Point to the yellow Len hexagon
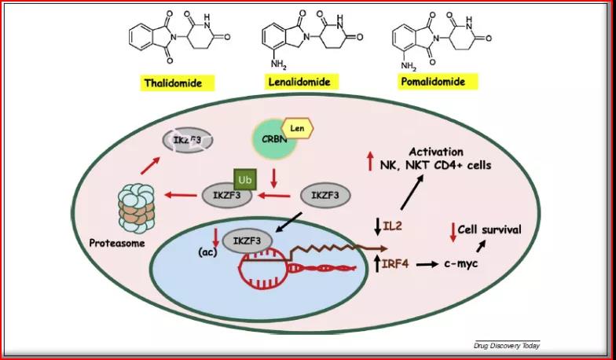point(296,127)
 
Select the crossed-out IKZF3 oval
point(188,140)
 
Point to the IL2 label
point(393,228)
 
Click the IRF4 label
point(395,264)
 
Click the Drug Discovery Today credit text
point(506,345)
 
